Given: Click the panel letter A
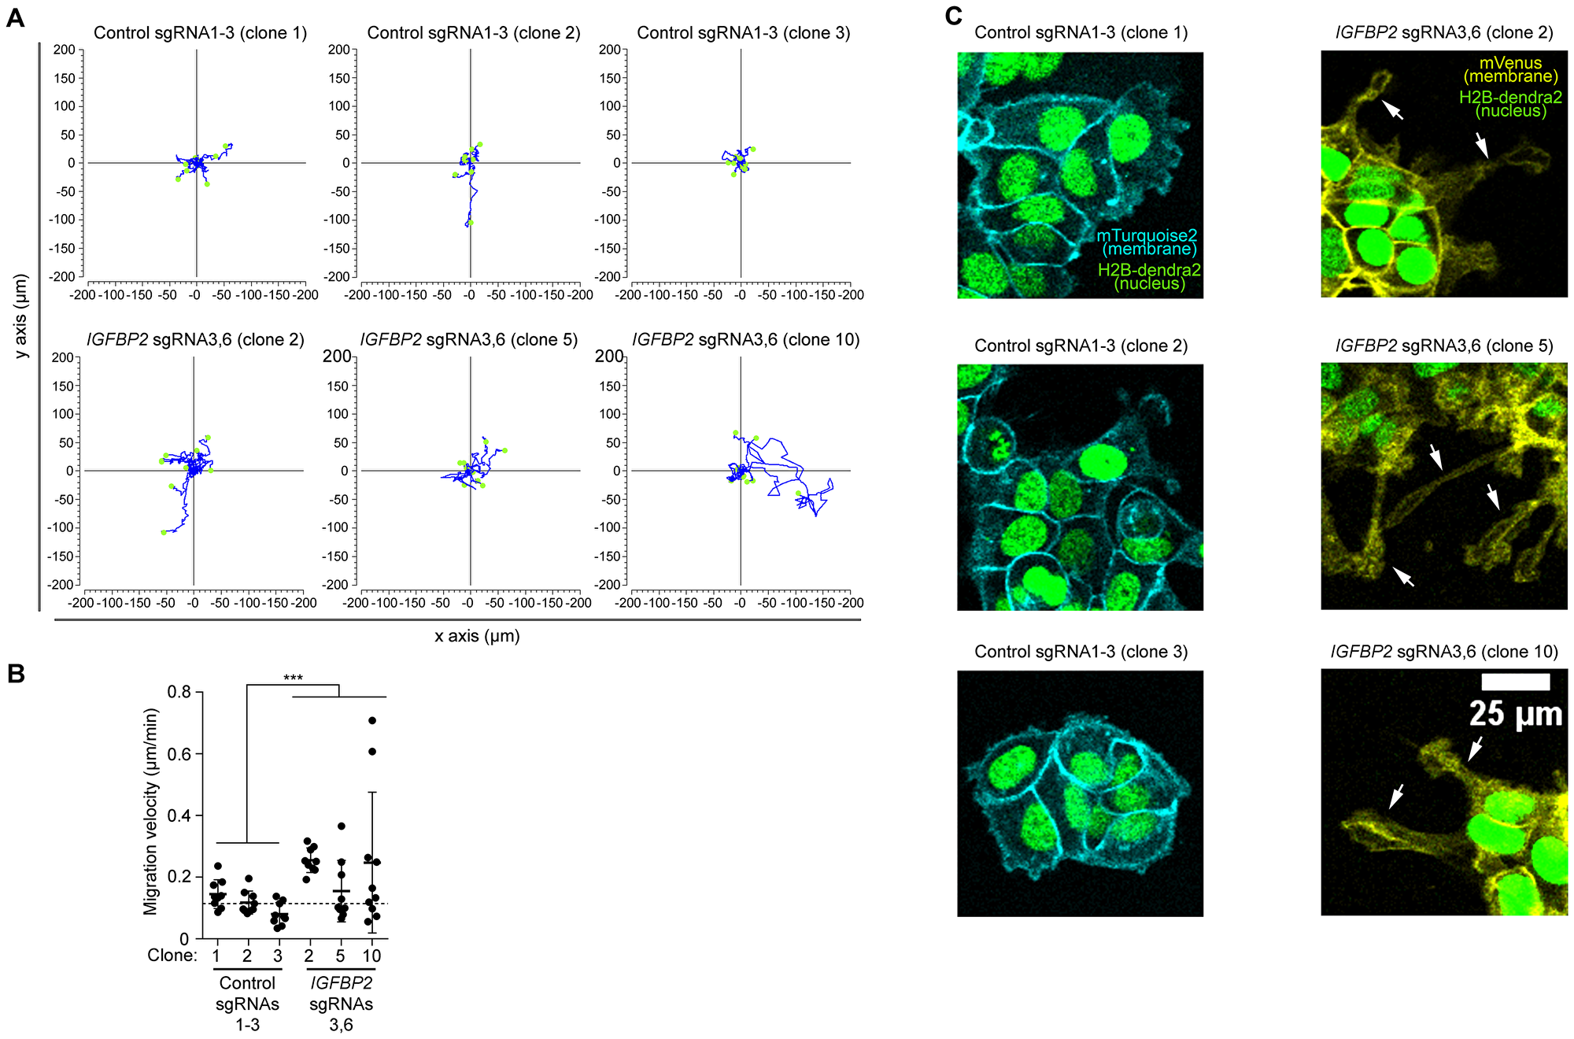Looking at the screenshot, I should click(14, 17).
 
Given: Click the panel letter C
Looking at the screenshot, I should click(953, 17).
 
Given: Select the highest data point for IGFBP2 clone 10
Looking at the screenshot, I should click(372, 720).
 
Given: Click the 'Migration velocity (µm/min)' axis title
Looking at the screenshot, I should click(151, 811).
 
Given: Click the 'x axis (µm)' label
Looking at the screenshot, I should click(477, 636).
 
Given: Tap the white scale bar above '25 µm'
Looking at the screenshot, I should click(1515, 682).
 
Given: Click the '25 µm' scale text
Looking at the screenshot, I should click(1515, 714).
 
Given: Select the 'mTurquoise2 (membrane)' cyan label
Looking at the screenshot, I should click(1147, 242).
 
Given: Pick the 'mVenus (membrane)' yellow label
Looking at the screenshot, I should click(1510, 69).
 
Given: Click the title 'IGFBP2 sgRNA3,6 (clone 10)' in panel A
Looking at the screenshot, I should click(745, 340).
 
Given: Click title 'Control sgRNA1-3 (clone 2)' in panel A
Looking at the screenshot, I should click(474, 33).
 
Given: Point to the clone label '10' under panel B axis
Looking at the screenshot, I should click(371, 956).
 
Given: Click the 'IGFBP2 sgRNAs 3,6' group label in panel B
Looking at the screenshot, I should click(341, 1004).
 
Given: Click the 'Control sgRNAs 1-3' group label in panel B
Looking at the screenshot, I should click(247, 1004).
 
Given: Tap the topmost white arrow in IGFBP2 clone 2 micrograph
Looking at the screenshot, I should click(1392, 110).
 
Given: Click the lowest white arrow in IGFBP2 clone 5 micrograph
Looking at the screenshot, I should click(1403, 576).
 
